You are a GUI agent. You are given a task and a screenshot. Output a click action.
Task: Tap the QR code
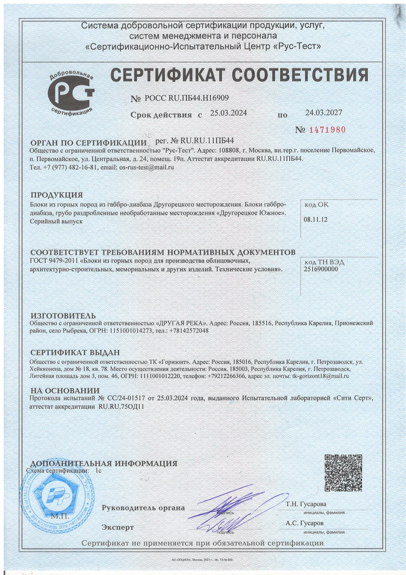343,473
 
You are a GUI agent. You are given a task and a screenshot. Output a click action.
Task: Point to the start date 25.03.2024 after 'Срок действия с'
228,114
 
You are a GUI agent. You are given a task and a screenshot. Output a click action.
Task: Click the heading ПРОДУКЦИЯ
56,195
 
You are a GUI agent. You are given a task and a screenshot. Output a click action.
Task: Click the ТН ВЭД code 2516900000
321,269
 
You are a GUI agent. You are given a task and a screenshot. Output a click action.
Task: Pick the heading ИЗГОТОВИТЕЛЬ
63,316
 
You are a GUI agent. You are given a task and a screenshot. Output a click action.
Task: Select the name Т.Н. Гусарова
306,504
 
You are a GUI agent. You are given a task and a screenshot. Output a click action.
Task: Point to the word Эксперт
118,527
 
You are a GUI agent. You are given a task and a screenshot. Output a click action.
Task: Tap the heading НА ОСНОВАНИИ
65,391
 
